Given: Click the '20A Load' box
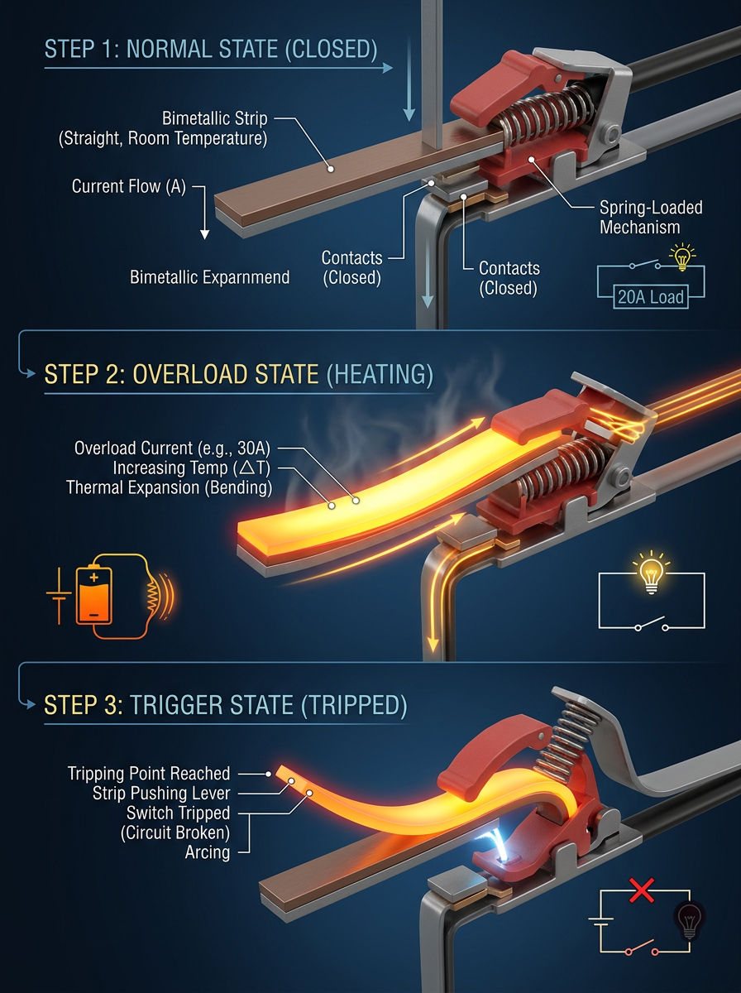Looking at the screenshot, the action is coord(651,297).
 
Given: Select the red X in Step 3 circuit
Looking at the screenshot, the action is coord(642,890).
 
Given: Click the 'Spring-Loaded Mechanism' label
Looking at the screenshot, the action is coord(651,217).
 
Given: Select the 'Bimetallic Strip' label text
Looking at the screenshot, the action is coord(215,118).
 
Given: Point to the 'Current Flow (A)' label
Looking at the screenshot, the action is coord(129,186).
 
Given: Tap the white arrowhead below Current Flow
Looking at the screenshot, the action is coord(205,234).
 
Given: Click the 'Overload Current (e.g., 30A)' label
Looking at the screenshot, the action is coord(172,449).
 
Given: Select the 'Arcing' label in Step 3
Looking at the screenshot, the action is coord(208,852).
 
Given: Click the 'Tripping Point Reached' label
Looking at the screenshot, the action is coord(149,774).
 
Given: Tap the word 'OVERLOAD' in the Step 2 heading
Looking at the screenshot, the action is coord(226,375).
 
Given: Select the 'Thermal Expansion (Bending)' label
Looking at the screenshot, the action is coord(169,488).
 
